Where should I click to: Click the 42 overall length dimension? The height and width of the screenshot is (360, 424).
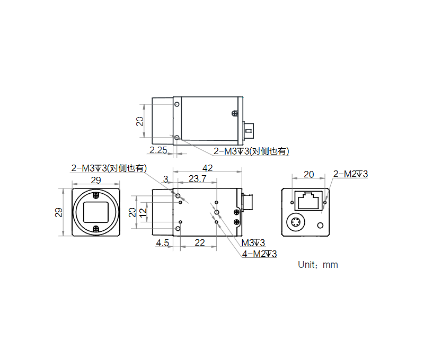click(207, 168)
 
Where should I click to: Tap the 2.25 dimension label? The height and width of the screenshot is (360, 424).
click(158, 150)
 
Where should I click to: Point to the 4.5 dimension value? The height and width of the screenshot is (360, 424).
click(162, 243)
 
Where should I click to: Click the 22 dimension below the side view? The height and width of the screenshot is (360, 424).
click(199, 243)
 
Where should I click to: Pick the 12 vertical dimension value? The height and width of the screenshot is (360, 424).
click(142, 212)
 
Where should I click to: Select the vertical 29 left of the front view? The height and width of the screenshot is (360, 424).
click(59, 212)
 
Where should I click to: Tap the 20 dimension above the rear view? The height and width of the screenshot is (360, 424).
click(308, 174)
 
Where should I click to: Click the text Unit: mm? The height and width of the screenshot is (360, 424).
click(317, 265)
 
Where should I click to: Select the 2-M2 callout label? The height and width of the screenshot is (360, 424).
click(350, 174)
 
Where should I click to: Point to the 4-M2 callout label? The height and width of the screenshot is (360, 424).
click(259, 254)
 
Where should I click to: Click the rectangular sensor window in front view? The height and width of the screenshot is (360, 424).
click(96, 212)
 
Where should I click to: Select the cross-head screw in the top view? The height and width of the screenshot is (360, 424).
click(234, 113)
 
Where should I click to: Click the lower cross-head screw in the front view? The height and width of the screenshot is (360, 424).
click(96, 229)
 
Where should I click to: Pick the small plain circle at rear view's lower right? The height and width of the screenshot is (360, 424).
click(320, 226)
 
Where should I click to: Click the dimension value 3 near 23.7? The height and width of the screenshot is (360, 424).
click(165, 179)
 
